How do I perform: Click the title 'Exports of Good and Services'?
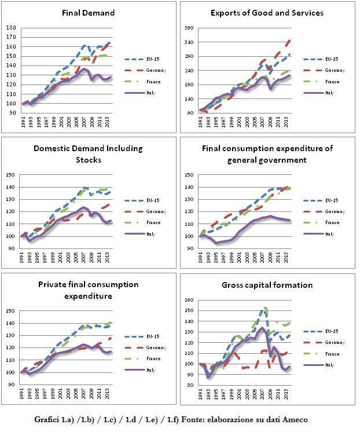267,12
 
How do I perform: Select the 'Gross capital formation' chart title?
267,285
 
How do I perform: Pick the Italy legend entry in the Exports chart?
330,93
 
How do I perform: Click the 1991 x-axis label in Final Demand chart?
24,122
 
